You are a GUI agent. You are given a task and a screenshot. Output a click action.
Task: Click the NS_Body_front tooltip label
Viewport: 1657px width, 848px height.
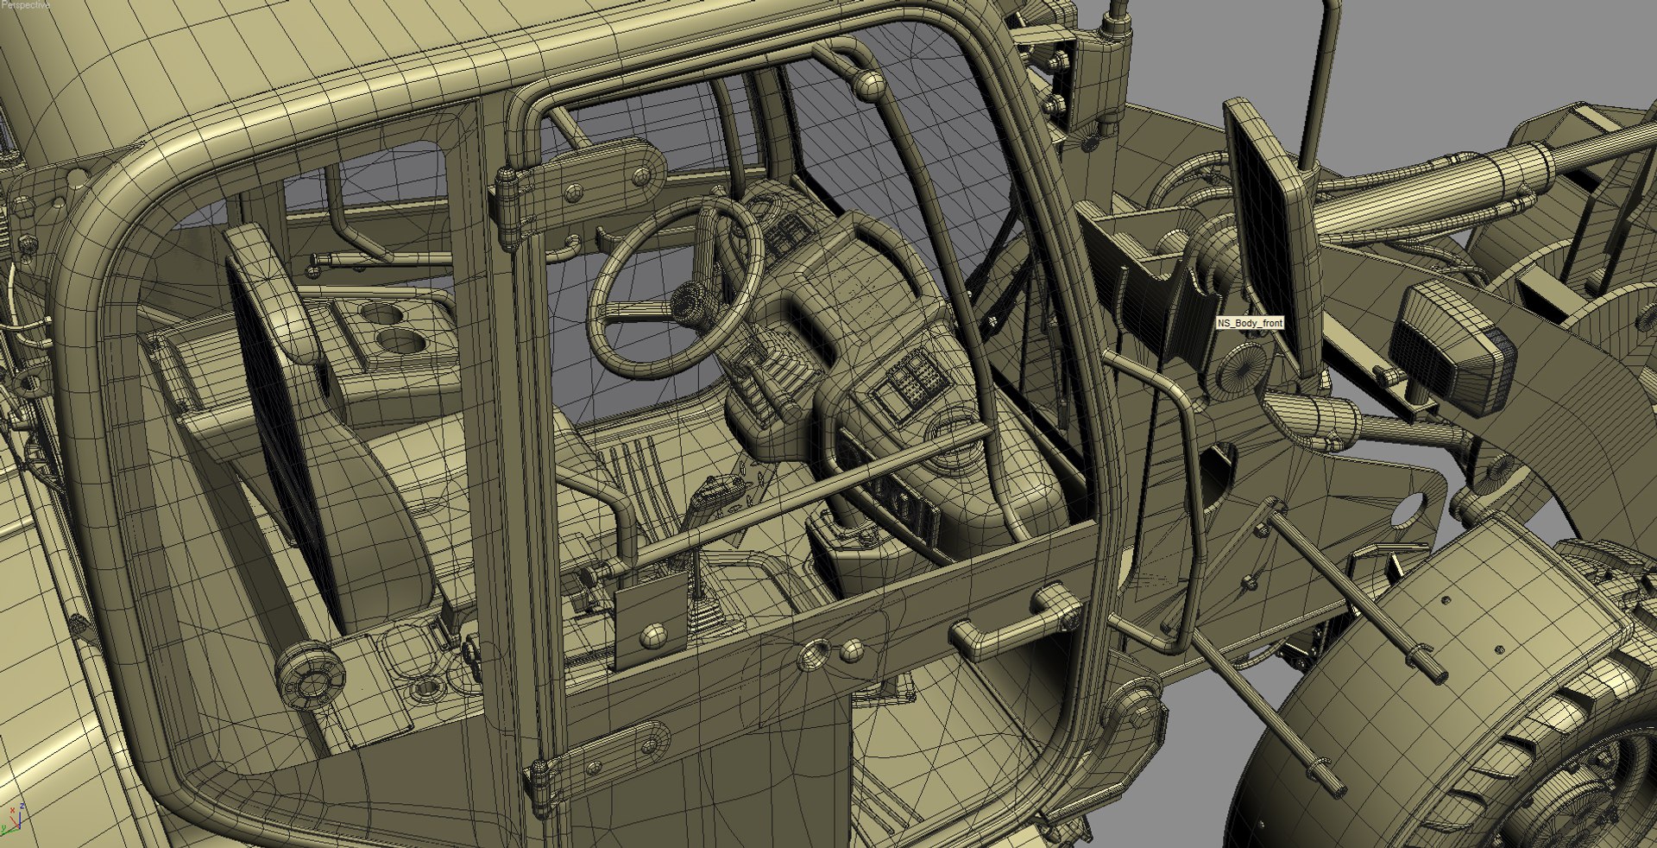point(1250,323)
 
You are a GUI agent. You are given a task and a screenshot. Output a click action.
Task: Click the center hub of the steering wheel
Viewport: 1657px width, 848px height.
point(688,301)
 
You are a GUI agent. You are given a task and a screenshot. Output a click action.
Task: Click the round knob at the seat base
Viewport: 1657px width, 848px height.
point(308,675)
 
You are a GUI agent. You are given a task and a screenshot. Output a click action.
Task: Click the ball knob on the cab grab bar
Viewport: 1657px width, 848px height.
point(868,85)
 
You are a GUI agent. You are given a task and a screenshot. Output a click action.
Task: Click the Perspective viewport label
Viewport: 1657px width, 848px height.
point(24,5)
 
